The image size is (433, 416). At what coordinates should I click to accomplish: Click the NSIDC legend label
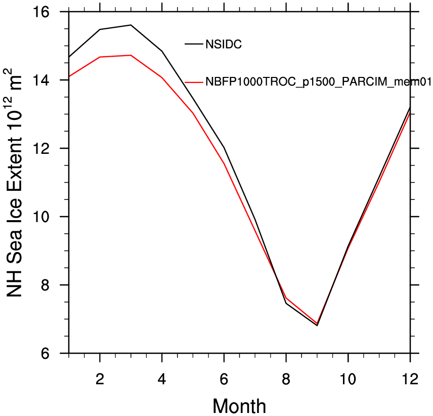tap(224, 44)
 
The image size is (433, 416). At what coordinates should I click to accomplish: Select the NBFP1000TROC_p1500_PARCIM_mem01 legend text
tap(318, 82)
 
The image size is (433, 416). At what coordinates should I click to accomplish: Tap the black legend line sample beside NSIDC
tap(194, 44)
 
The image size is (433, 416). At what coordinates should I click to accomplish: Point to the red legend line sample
tap(194, 82)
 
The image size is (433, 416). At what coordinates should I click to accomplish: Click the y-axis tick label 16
tap(41, 12)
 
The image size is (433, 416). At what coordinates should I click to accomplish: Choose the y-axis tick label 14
tap(41, 80)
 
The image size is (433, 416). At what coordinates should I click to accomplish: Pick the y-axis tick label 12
tap(41, 148)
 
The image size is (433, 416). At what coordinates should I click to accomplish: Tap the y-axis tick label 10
tap(41, 217)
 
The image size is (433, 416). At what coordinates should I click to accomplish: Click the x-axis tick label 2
tap(100, 379)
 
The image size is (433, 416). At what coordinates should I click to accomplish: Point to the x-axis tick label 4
tap(162, 379)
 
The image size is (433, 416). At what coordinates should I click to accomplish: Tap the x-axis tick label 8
tap(286, 379)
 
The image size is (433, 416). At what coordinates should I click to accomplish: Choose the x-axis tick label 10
tap(348, 379)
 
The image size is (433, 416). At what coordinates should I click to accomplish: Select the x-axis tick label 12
tap(410, 379)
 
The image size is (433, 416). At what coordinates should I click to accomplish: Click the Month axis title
tap(239, 406)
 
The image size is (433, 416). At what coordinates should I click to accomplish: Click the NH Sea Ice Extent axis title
tap(13, 183)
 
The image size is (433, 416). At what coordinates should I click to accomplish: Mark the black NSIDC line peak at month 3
tap(131, 25)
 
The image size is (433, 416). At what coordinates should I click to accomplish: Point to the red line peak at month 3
tap(131, 55)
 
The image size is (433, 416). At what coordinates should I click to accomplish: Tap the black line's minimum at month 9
tap(317, 325)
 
